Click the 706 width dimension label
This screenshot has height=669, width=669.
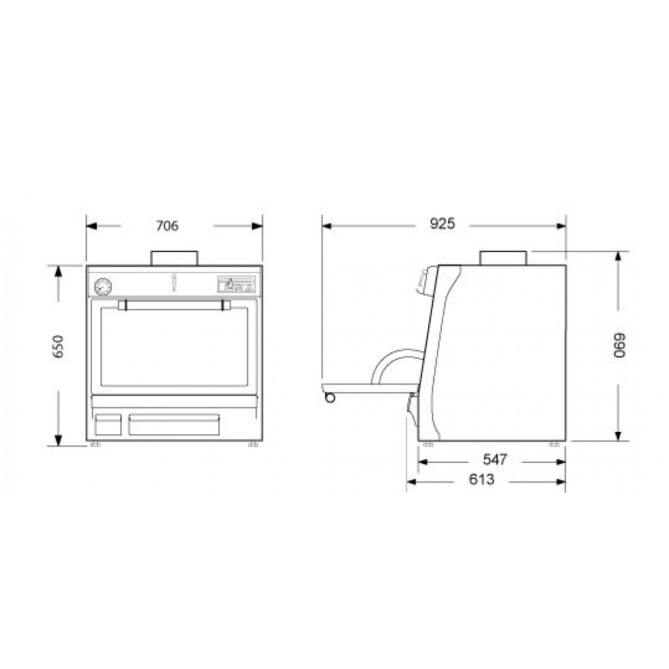click(167, 226)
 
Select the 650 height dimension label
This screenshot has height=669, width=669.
click(58, 347)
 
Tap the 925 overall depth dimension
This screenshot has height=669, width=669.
click(442, 224)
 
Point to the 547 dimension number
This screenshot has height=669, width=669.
click(495, 460)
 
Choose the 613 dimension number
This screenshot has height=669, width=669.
click(482, 480)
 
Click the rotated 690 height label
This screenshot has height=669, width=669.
click(619, 345)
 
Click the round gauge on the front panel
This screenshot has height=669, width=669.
click(103, 286)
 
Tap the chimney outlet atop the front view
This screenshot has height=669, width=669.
click(175, 258)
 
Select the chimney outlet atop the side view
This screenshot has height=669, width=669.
click(504, 258)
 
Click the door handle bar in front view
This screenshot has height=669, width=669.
click(174, 305)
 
